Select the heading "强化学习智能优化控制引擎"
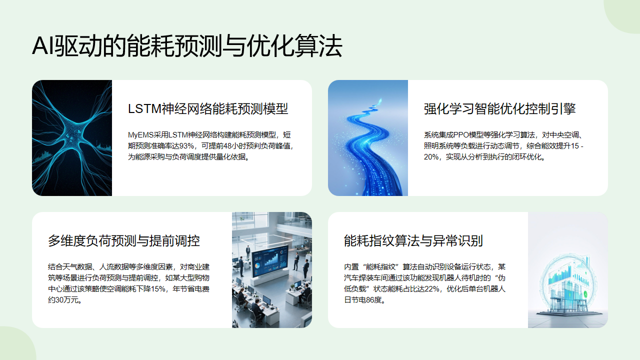coord(499,108)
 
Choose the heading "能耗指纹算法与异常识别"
coord(413,240)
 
